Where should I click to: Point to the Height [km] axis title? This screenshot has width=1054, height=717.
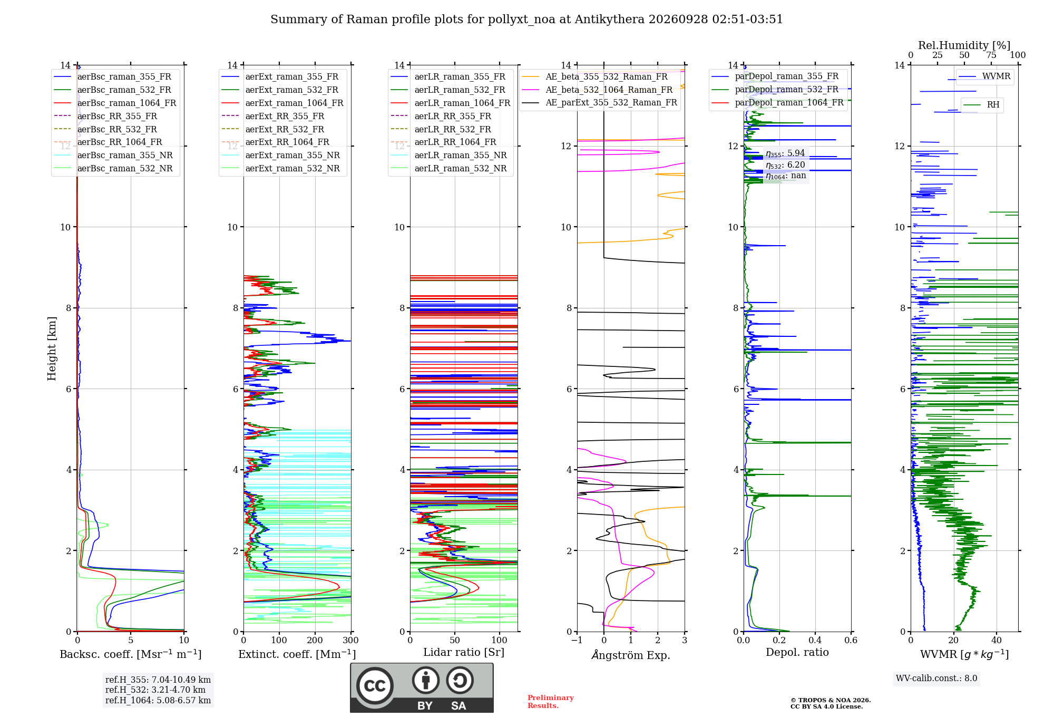coord(52,348)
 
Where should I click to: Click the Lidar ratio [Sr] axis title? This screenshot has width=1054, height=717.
coord(464,652)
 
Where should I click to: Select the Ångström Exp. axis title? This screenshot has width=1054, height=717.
coord(631,655)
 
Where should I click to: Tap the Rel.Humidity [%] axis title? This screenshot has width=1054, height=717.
coord(964,45)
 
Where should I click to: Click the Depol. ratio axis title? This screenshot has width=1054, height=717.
coord(797,652)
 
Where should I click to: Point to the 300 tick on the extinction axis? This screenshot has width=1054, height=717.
coord(351,640)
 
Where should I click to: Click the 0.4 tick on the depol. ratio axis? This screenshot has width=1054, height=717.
coord(815,640)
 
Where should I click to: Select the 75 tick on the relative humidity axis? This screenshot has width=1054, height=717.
coord(991,55)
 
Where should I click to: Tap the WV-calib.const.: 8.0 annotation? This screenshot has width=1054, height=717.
coord(936,679)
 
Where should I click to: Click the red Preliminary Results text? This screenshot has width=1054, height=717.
coord(551,702)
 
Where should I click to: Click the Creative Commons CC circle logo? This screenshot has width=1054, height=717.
coord(375,686)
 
